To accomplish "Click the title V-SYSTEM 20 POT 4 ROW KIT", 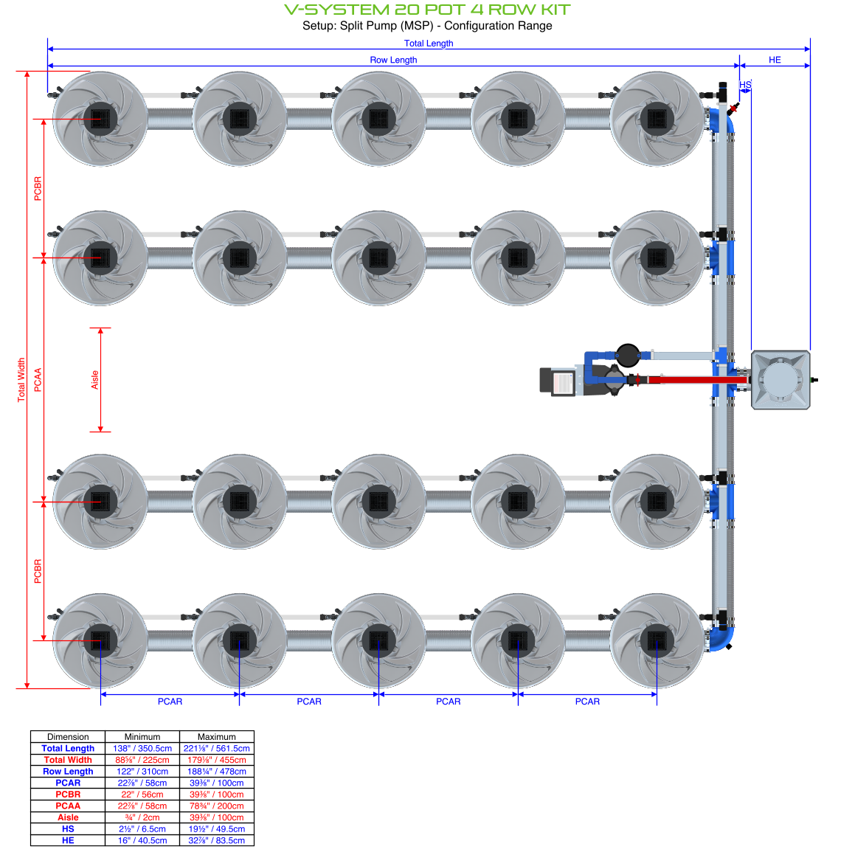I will coord(427,10).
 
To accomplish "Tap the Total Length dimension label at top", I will coord(429,44).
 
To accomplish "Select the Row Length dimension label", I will coord(393,60).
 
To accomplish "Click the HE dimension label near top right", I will coord(775,60).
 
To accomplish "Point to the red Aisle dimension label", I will coord(94,380).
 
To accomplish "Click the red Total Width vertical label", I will coord(21,380).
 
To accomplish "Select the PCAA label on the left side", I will coord(38,380).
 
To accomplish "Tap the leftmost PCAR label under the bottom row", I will coord(170,702).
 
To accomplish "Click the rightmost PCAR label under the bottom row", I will coord(587,702).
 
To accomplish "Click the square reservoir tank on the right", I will coord(780,380).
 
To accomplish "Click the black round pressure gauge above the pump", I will coord(628,355).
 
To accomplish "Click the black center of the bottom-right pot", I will coord(657,640).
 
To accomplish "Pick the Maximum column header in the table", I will coord(216,736).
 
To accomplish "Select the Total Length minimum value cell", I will coord(142,748).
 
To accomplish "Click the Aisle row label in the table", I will coord(68,817).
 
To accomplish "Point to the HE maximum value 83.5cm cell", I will coord(216,840).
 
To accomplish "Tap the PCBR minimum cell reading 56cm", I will coord(142,795).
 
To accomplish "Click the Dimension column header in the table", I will coord(68,736).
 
